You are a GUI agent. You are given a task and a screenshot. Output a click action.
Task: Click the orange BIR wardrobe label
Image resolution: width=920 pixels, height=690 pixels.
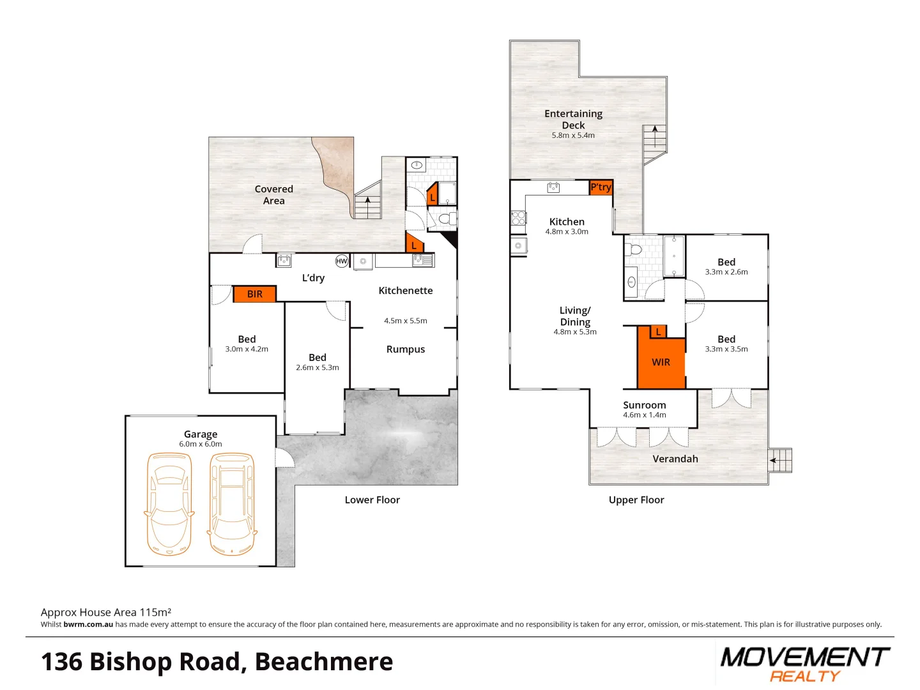(x=254, y=294)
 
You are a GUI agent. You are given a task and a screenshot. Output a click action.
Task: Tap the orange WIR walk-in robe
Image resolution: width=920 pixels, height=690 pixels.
(x=661, y=362)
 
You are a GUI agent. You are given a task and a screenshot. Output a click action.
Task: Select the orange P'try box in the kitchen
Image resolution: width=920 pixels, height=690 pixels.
(x=601, y=187)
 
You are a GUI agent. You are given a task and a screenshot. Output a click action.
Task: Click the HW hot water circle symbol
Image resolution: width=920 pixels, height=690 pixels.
(x=342, y=261)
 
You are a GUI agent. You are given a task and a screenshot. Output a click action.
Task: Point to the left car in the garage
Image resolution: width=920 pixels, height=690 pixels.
(x=169, y=503)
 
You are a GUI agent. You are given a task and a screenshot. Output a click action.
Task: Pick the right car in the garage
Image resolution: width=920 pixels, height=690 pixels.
(x=232, y=503)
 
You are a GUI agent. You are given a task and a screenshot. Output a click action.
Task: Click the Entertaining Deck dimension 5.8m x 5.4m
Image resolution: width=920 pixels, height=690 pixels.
(x=573, y=135)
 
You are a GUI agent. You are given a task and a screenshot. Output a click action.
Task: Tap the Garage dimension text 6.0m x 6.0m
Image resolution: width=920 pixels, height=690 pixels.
(x=201, y=444)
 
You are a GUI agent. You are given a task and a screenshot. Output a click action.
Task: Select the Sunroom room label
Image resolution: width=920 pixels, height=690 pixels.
(x=644, y=405)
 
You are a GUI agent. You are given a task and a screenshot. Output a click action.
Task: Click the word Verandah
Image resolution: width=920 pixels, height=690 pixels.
(x=675, y=459)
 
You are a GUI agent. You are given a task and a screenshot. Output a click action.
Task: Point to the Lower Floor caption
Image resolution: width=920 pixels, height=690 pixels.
(x=372, y=500)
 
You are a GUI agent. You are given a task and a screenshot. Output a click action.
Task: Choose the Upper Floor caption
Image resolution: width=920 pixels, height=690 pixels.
(x=636, y=500)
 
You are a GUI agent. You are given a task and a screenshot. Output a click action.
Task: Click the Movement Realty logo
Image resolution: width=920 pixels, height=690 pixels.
(x=804, y=664)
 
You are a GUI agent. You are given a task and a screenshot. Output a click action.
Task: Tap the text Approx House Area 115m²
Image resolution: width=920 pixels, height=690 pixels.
(x=106, y=612)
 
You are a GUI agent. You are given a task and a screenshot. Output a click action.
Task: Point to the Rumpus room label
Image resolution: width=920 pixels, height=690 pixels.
(x=406, y=349)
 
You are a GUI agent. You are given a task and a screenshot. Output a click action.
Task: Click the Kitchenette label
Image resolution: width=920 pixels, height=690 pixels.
(x=406, y=291)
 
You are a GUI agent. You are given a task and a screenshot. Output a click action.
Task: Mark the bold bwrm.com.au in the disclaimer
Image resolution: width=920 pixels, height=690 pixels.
(x=88, y=625)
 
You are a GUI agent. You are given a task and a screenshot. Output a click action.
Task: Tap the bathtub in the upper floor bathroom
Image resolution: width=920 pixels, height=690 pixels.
(x=674, y=256)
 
